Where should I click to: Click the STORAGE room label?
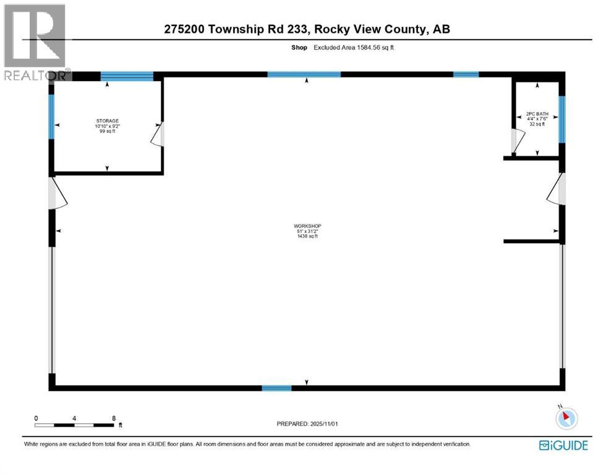click(x=107, y=121)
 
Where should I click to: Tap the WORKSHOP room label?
click(x=307, y=226)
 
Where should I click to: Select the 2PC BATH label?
click(x=536, y=114)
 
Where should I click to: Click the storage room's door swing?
click(x=158, y=134)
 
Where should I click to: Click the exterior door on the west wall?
click(x=58, y=193)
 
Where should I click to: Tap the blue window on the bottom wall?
click(x=276, y=388)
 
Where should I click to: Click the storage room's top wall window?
click(x=127, y=76)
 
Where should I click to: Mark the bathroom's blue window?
click(x=561, y=119)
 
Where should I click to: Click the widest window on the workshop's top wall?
click(x=304, y=74)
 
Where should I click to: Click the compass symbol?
click(x=566, y=419)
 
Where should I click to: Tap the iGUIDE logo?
click(x=563, y=445)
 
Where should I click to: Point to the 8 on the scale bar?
click(x=113, y=418)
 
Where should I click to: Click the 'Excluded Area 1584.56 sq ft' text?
click(x=354, y=47)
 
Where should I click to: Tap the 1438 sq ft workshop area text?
click(x=307, y=236)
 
